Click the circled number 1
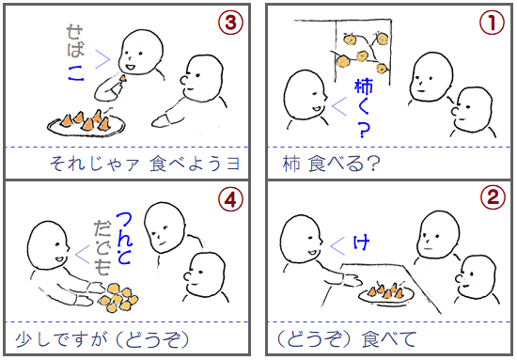tap(492, 22)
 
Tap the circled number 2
tap(493, 197)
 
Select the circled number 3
tap(230, 22)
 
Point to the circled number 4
tap(231, 198)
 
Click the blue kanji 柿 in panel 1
tap(364, 86)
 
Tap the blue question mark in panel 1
tap(364, 131)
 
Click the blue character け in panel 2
tap(361, 243)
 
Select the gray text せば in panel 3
tap(75, 40)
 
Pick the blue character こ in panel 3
tap(76, 73)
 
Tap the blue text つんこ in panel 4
tap(125, 238)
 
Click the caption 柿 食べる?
tap(331, 164)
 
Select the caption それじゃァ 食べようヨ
tap(145, 164)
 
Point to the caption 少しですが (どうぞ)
tap(102, 339)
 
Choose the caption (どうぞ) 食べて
tap(346, 339)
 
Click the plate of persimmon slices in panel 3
tap(86, 124)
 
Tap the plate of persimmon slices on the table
tap(386, 293)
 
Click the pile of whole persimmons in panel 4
tap(118, 297)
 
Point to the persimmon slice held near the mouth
tap(122, 78)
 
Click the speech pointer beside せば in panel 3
tap(102, 59)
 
